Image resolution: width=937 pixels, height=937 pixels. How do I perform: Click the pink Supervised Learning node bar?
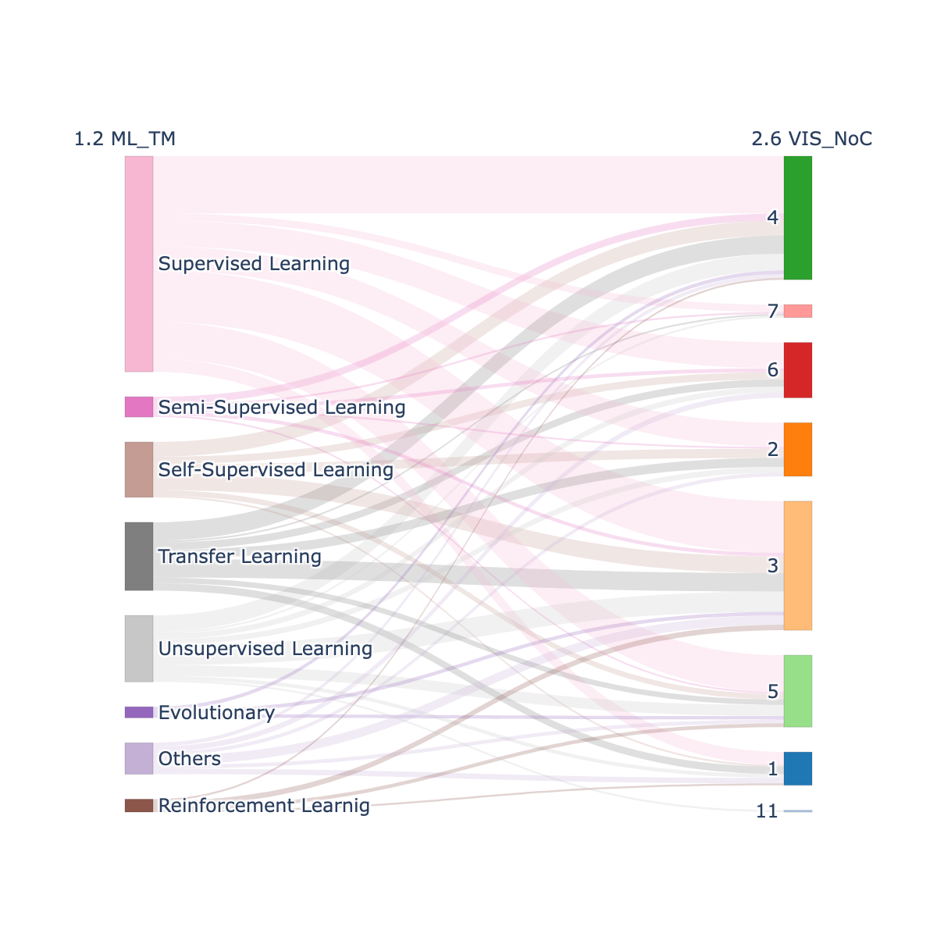(138, 264)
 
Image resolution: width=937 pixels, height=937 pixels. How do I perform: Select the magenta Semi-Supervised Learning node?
(138, 407)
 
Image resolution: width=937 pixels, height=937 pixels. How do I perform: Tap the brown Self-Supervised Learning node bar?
(138, 469)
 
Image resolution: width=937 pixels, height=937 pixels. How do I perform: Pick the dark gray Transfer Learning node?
(138, 556)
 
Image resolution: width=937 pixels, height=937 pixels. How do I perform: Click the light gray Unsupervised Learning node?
(138, 648)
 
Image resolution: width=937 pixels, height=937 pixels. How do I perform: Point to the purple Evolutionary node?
(138, 712)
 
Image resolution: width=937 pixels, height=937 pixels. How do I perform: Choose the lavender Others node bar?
(138, 758)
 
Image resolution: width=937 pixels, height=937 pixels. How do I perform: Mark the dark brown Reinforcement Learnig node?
(138, 805)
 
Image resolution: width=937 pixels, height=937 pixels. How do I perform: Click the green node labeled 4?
(797, 218)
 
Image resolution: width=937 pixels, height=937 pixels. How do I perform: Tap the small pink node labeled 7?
(797, 311)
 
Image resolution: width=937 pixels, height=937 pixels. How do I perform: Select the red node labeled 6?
(797, 370)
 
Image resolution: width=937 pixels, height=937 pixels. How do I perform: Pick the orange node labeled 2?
(797, 449)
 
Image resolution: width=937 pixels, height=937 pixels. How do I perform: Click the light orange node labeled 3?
(797, 565)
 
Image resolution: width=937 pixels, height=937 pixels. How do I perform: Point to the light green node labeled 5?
(797, 691)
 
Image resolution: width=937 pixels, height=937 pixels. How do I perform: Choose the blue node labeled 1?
(797, 768)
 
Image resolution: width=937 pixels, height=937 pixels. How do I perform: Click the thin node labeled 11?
(797, 811)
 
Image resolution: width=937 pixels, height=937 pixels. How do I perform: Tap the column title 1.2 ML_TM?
(124, 139)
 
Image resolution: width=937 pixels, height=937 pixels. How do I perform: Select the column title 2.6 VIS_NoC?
(811, 139)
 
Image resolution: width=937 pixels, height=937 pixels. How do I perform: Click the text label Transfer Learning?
(240, 556)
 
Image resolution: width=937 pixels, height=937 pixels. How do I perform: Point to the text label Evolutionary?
(216, 713)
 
